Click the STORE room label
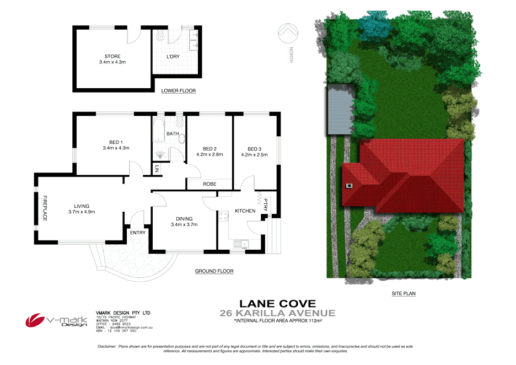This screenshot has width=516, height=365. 112,56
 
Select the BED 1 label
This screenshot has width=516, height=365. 115,142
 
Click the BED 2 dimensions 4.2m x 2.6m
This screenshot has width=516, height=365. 209,154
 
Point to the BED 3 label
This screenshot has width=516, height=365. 254,149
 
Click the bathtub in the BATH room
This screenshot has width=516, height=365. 159,130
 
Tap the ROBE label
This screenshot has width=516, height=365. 209,184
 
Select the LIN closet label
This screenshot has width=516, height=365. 157,168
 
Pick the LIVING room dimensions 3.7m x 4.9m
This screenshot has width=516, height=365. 82,212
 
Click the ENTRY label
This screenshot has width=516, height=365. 137,233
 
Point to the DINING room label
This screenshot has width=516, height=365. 184,218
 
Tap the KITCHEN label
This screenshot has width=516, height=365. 245,211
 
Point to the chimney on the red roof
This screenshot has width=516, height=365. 349,186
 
